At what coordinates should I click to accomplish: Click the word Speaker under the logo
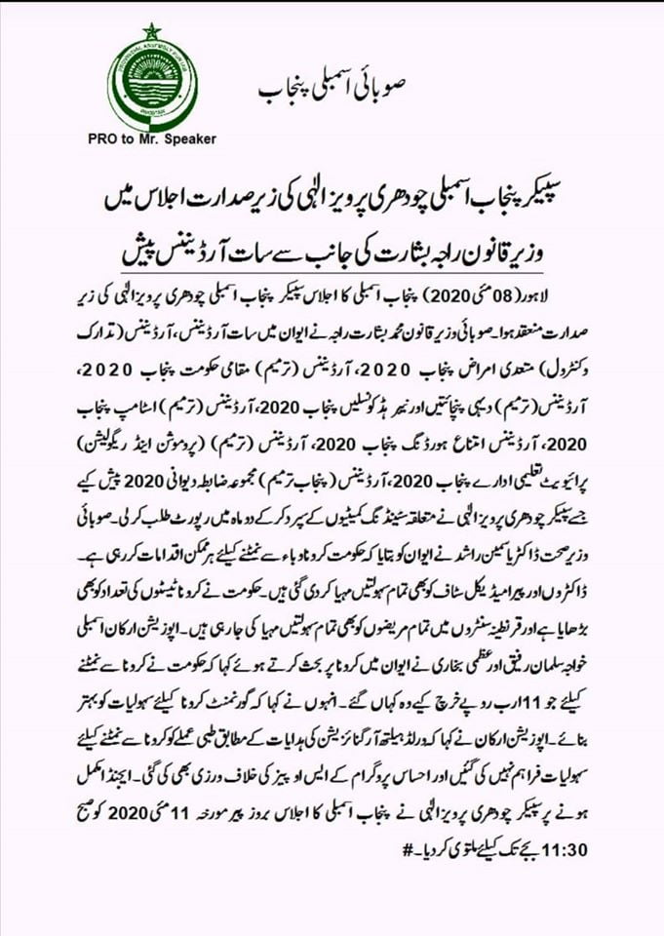coord(187,139)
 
